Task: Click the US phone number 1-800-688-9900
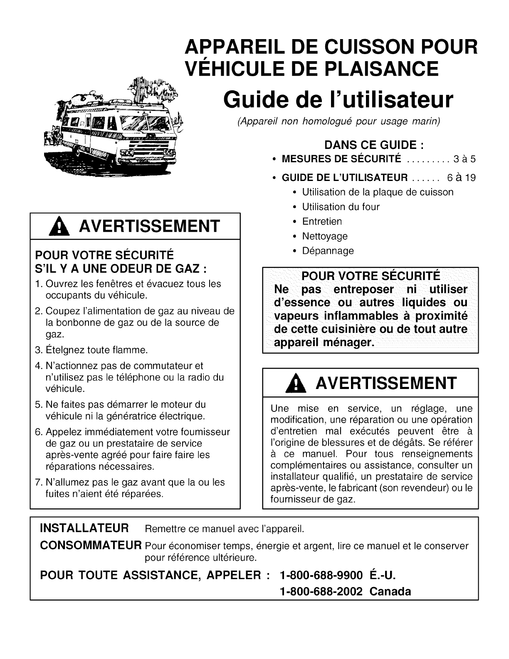[x=321, y=575]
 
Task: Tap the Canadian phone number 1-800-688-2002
[x=321, y=591]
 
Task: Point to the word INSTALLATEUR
[x=84, y=528]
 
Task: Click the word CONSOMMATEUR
[x=91, y=545]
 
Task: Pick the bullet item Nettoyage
[x=324, y=236]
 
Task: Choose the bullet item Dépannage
[x=328, y=251]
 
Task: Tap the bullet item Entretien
[x=322, y=221]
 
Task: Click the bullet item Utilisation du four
[x=341, y=207]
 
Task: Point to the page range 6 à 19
[x=461, y=178]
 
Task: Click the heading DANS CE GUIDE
[x=374, y=145]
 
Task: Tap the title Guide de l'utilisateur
[x=337, y=100]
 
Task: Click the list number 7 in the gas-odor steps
[x=39, y=483]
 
